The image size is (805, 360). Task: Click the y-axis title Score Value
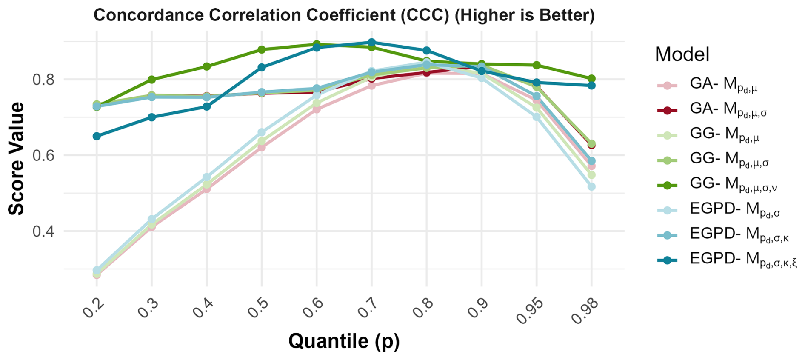(x=17, y=159)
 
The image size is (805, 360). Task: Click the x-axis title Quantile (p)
(x=344, y=341)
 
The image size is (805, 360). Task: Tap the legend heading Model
(x=682, y=54)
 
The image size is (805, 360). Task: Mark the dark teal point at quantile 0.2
(x=97, y=136)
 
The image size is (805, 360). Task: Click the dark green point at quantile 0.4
(x=207, y=66)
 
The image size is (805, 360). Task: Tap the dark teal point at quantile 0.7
(x=371, y=42)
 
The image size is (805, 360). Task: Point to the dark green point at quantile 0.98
(x=591, y=79)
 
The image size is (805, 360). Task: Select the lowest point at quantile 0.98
(x=591, y=187)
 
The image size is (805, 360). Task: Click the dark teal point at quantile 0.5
(x=262, y=67)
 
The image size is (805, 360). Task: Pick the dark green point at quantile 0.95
(x=537, y=65)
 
